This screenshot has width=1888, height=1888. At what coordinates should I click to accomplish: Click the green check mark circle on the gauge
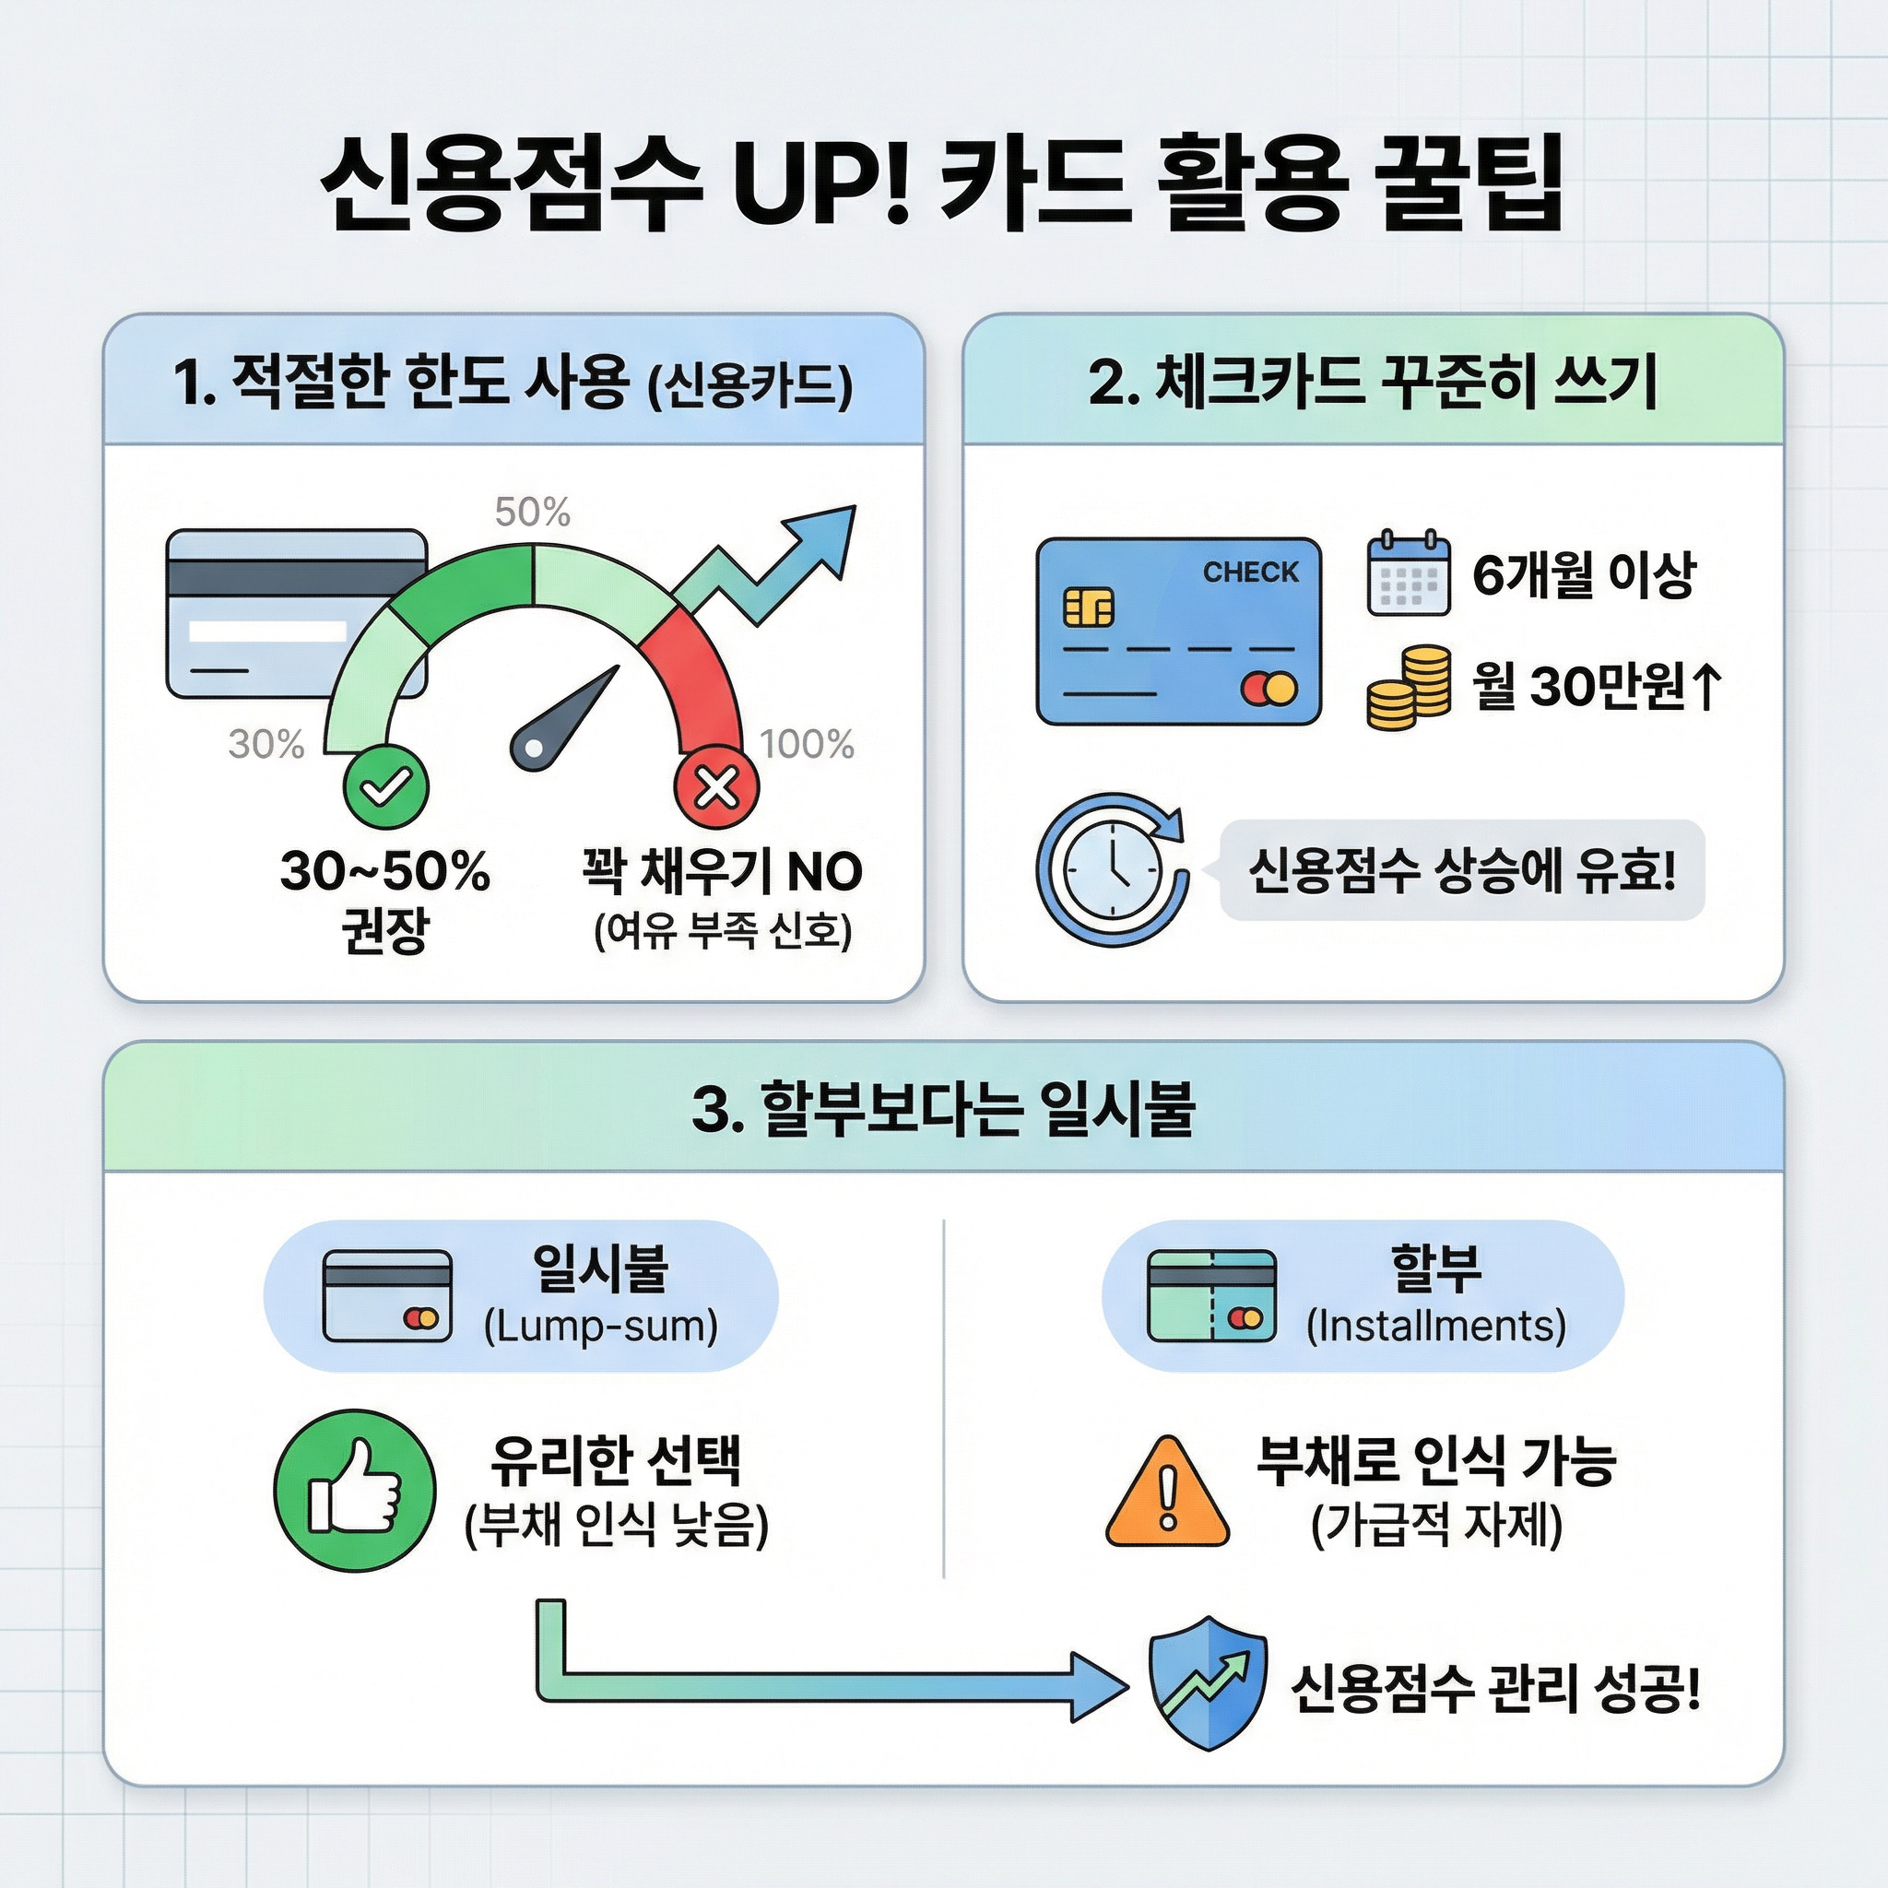(x=385, y=785)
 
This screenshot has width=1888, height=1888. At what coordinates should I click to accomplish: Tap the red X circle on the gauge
(x=716, y=785)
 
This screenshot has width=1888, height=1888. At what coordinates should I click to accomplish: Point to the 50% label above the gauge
(x=532, y=512)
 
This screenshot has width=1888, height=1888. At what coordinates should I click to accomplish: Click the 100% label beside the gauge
(x=807, y=745)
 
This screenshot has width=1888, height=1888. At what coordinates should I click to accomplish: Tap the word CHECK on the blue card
(x=1250, y=572)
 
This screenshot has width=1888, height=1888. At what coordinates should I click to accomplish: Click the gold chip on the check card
(x=1088, y=607)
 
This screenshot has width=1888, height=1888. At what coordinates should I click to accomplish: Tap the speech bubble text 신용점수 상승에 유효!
(x=1462, y=869)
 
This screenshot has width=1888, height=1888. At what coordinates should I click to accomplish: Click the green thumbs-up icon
(x=354, y=1491)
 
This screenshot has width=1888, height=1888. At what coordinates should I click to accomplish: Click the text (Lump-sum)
(x=601, y=1326)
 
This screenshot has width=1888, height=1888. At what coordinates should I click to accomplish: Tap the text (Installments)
(x=1435, y=1326)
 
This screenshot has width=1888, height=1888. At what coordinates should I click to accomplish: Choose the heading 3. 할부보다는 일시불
(x=943, y=1109)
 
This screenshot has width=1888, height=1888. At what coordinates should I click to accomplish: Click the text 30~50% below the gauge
(x=384, y=870)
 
